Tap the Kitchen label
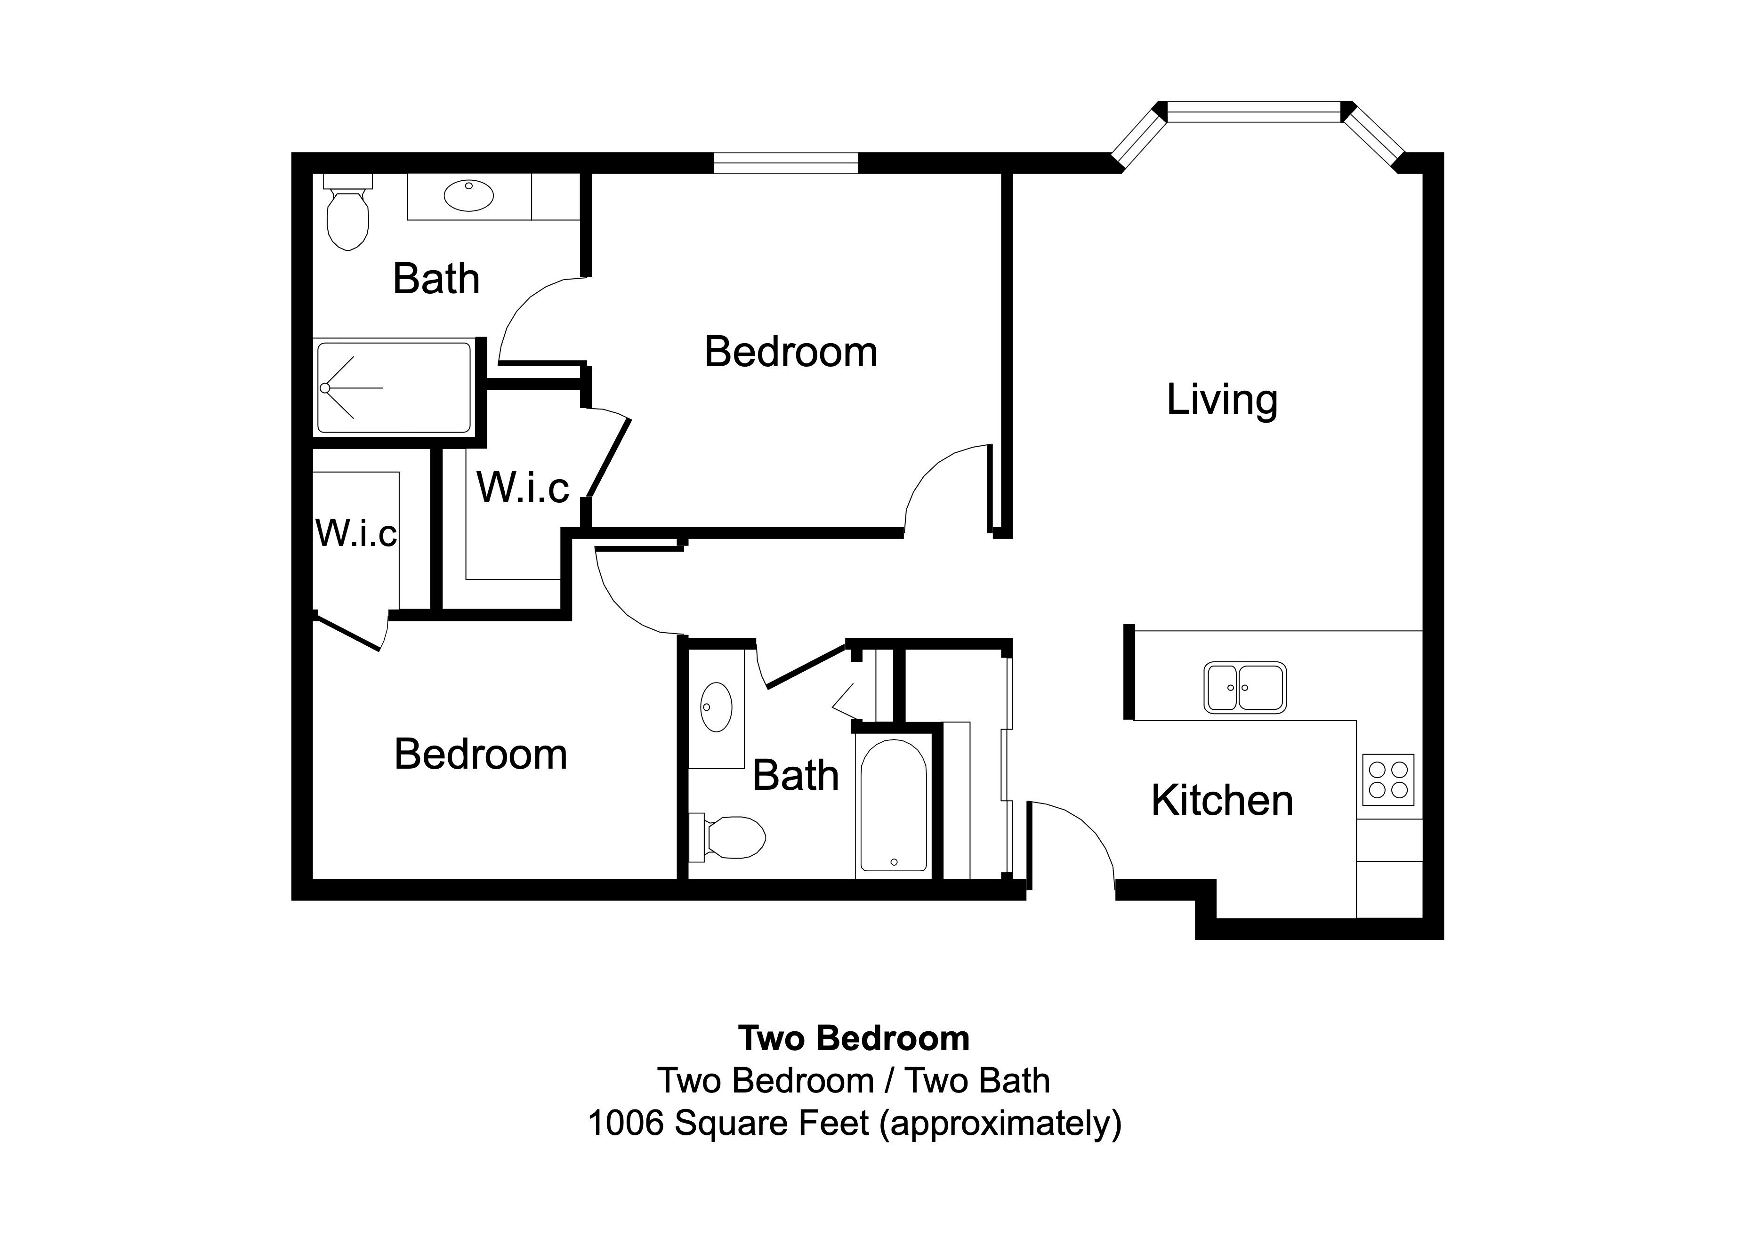coord(1222,801)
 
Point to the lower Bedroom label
coord(480,755)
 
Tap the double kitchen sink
coord(1245,688)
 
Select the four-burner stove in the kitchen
coord(1388,779)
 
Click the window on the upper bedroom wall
coord(786,162)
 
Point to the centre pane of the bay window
coord(1254,112)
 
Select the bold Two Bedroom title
coord(854,1038)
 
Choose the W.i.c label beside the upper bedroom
coord(523,488)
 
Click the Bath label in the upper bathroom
coord(436,279)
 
